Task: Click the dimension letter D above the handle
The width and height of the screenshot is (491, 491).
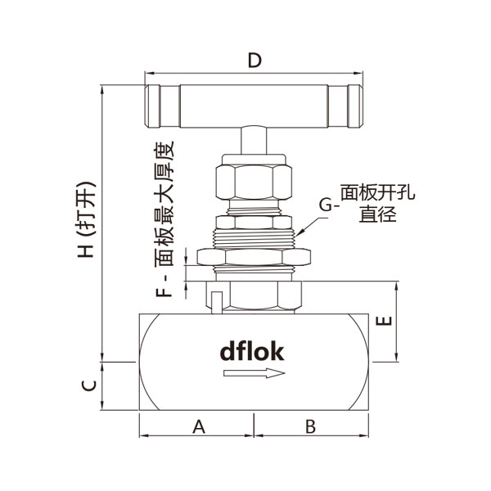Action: [254, 61]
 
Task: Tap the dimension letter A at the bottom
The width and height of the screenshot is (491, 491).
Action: [197, 426]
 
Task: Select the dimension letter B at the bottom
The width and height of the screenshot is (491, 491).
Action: [310, 426]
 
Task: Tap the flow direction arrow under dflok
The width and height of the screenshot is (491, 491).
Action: [255, 373]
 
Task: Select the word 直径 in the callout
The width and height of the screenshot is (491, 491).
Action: [377, 215]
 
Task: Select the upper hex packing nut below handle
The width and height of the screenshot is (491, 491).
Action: [254, 182]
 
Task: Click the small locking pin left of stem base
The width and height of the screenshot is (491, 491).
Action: [216, 299]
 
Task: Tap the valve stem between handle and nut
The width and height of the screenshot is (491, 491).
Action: [254, 142]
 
